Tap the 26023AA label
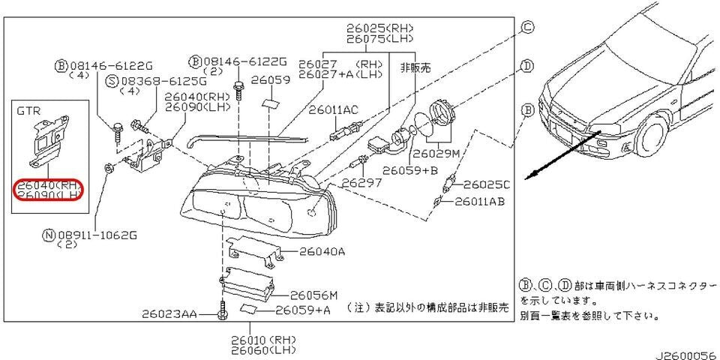pos(169,316)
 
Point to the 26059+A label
pos(303,309)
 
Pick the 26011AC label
pos(334,109)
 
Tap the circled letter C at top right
pos(527,27)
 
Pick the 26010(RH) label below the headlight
pos(262,340)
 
